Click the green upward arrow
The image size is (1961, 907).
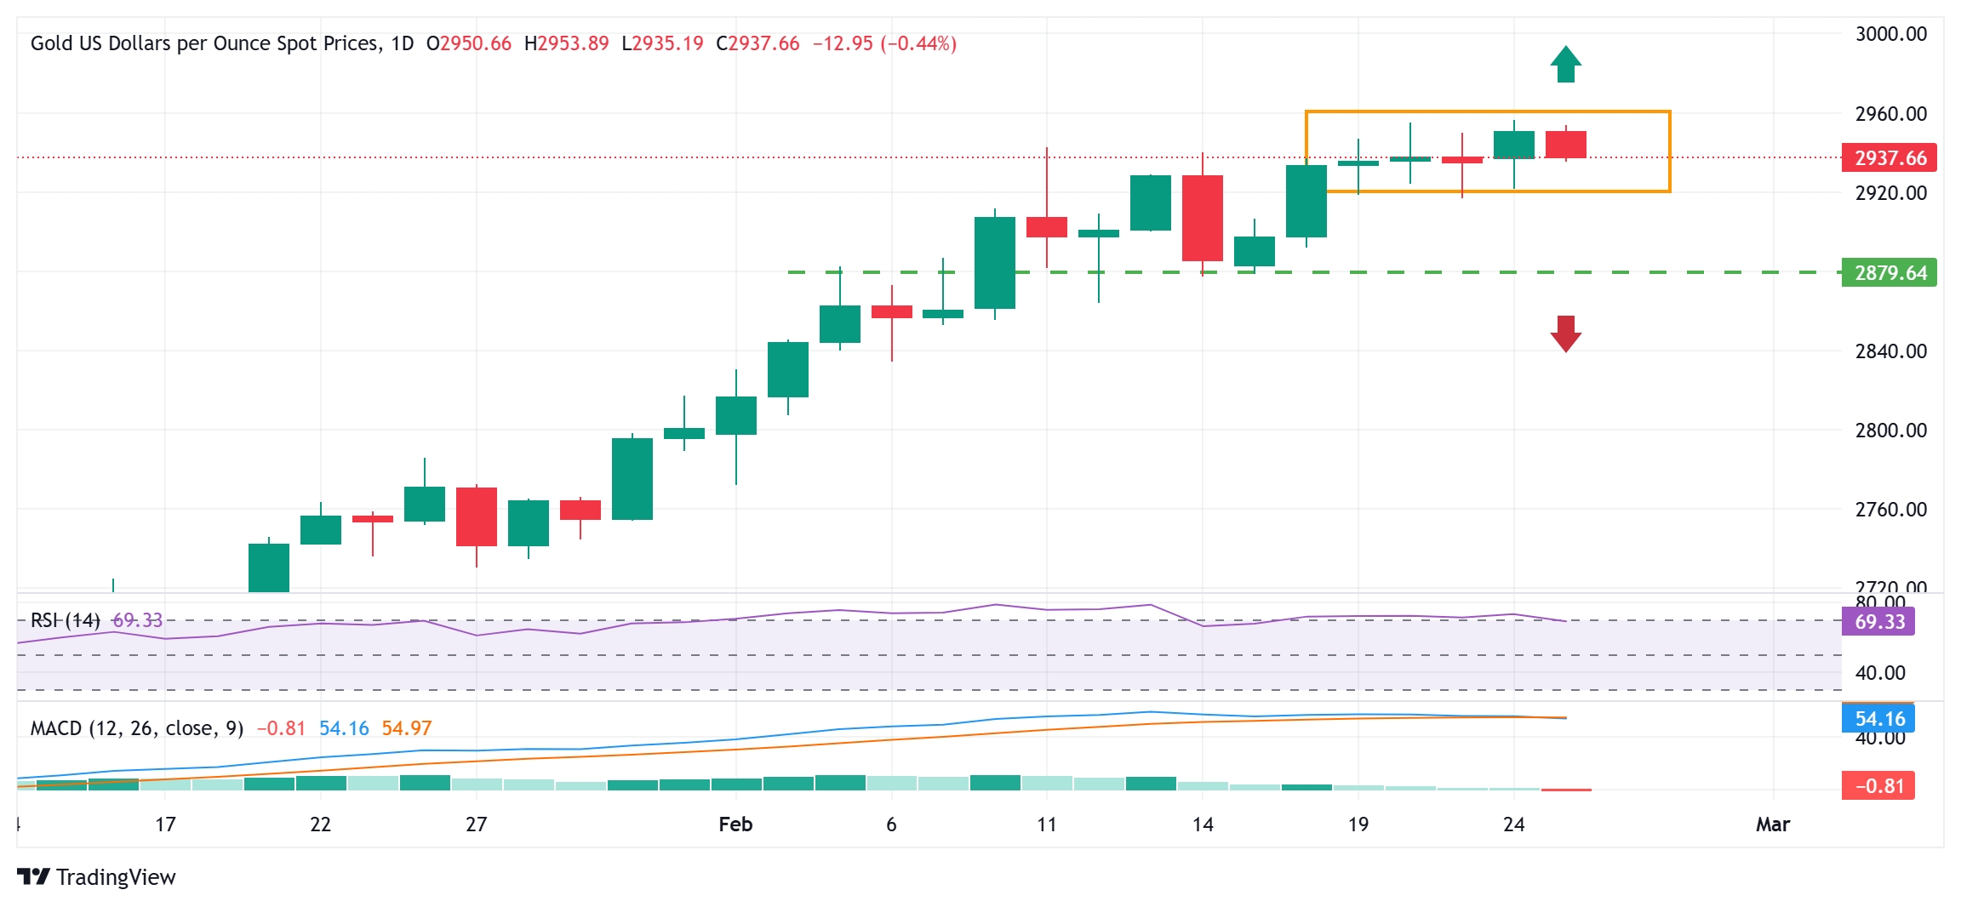[x=1565, y=64]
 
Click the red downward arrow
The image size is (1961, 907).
[x=1565, y=334]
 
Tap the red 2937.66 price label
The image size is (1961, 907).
[x=1889, y=158]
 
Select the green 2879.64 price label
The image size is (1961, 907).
[x=1889, y=273]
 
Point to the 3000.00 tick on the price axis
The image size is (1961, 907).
[x=1890, y=34]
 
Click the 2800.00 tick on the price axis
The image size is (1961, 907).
[x=1890, y=431]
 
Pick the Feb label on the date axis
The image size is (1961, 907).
[x=735, y=824]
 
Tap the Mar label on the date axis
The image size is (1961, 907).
[x=1773, y=824]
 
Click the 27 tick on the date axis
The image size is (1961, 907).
[x=477, y=824]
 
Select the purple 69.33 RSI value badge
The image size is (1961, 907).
[x=1878, y=622]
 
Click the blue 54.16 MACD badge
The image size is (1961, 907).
[x=1878, y=719]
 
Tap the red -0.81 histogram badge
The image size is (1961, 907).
[x=1878, y=786]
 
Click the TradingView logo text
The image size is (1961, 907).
[x=115, y=877]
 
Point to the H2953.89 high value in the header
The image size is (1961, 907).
[x=566, y=43]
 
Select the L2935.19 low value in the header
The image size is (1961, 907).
[x=662, y=43]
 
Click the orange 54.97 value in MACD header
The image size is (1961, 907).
[x=406, y=728]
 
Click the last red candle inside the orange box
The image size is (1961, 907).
[x=1565, y=145]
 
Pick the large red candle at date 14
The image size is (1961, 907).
[x=1202, y=218]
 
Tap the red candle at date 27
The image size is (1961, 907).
[x=477, y=516]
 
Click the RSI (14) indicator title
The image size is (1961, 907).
[x=66, y=620]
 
